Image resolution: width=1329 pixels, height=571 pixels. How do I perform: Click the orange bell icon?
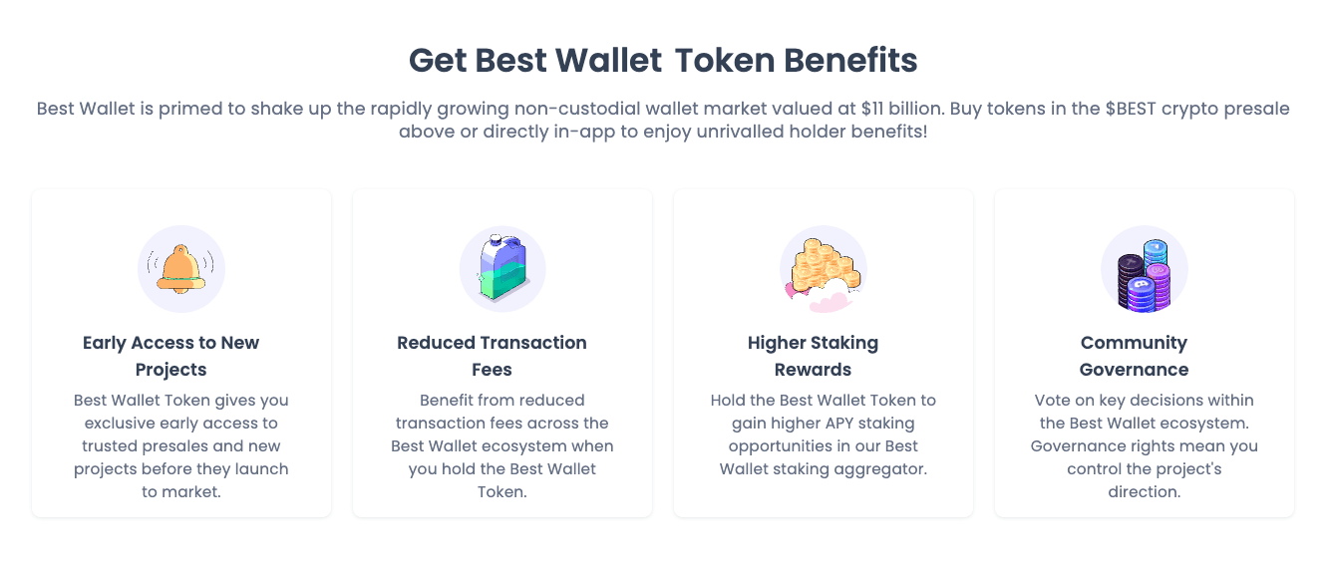click(181, 269)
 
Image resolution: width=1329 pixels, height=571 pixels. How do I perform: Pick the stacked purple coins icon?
click(1144, 275)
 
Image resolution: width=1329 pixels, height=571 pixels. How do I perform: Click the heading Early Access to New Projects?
click(170, 356)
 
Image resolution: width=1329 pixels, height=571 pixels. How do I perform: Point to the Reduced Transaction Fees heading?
click(492, 356)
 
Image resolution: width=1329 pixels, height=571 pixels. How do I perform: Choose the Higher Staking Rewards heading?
click(813, 356)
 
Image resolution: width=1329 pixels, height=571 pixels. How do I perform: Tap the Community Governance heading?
click(1134, 356)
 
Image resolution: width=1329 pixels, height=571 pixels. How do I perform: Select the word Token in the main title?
click(725, 61)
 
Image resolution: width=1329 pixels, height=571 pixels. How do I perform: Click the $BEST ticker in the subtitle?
click(1131, 109)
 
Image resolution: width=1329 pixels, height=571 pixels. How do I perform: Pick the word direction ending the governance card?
click(1144, 492)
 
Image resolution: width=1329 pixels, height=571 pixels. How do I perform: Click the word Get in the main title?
click(438, 61)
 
